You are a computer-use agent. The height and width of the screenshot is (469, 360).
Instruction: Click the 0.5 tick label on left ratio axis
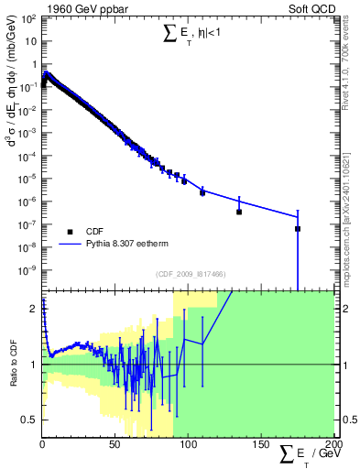tap(27, 420)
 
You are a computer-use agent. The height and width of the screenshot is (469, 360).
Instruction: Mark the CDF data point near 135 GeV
tap(239, 212)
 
